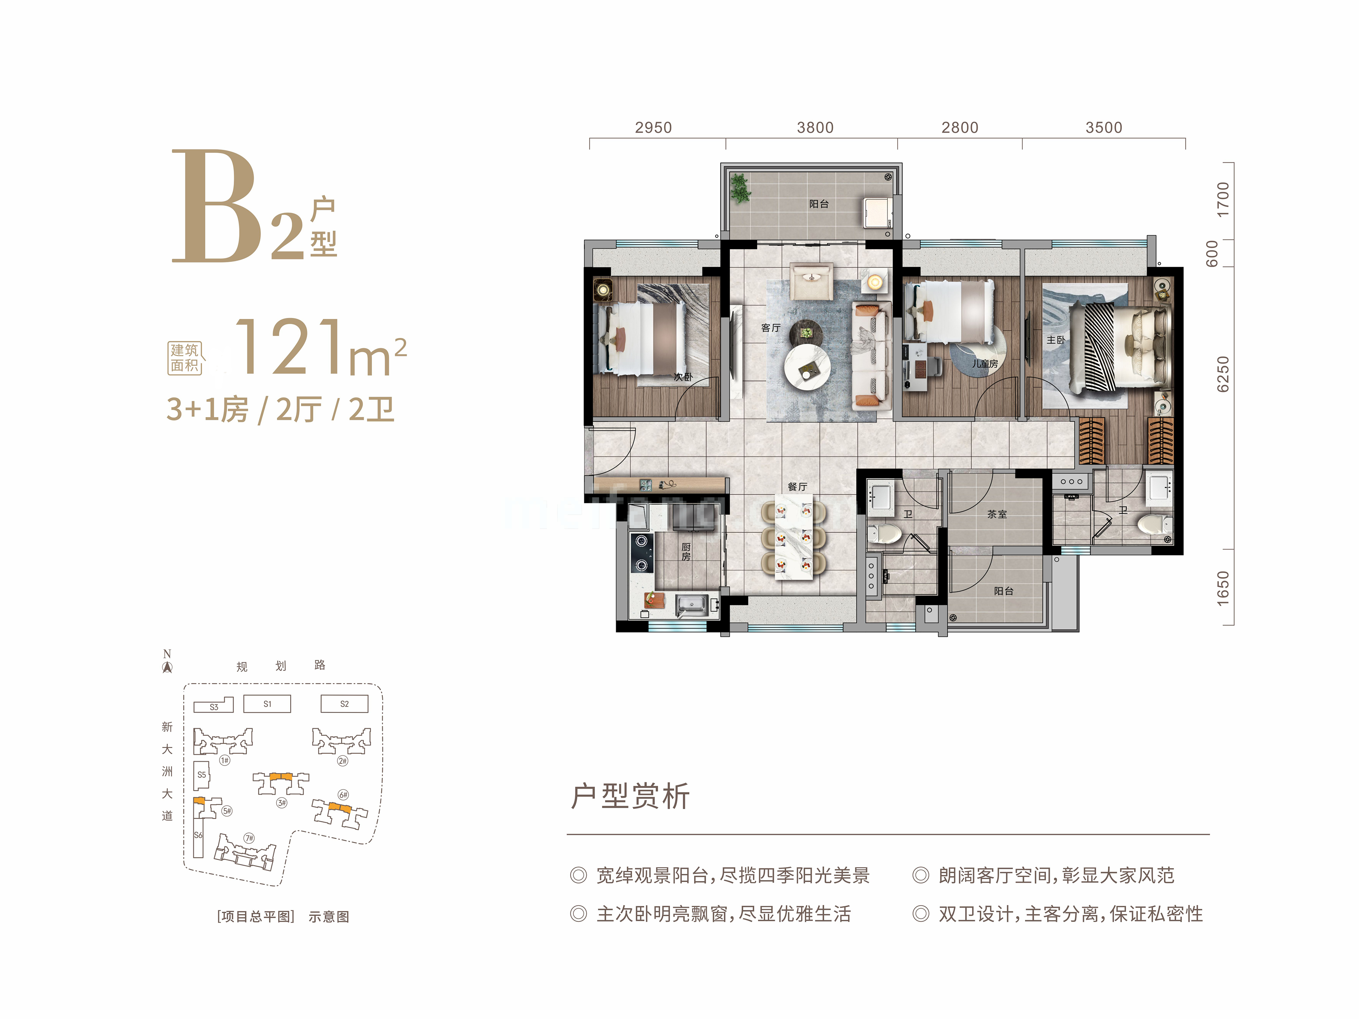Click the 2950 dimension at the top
click(x=653, y=128)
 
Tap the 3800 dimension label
click(x=815, y=128)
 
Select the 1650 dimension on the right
click(x=1223, y=588)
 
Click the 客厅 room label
click(x=771, y=328)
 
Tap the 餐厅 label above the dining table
click(x=797, y=486)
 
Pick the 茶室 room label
click(x=997, y=514)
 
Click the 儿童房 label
click(x=985, y=364)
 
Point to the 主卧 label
click(x=1056, y=340)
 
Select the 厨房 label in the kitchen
click(x=686, y=552)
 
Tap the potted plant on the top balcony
click(x=740, y=187)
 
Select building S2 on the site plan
click(x=345, y=704)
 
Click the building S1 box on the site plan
click(x=267, y=704)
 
